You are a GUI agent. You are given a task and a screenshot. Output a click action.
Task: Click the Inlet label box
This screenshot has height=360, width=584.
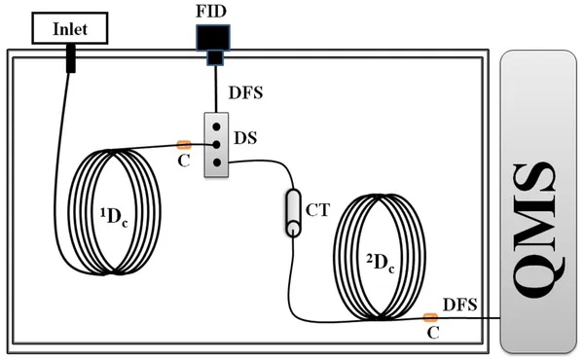point(69,29)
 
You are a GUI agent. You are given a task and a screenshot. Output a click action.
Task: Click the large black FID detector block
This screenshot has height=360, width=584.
point(211,37)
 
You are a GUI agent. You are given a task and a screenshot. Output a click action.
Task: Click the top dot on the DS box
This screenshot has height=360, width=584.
point(213,127)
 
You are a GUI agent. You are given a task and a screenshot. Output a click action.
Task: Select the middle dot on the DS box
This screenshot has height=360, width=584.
point(213,145)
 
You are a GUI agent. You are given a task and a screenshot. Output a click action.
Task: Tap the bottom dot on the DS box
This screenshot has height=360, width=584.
point(213,162)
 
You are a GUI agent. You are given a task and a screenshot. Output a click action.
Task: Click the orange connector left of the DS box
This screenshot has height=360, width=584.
point(183,145)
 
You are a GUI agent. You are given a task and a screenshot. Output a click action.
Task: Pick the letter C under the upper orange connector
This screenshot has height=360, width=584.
point(181,163)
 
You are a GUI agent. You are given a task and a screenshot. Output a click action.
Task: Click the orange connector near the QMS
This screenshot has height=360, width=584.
point(429,316)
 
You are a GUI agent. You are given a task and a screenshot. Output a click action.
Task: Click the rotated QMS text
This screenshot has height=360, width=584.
point(537,203)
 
